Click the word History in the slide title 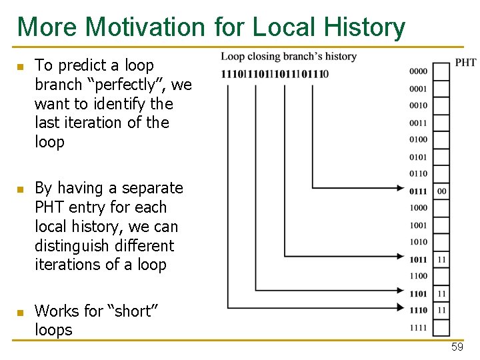(x=364, y=27)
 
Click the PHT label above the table (x=465, y=63)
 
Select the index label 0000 (x=419, y=71)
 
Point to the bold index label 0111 (x=419, y=191)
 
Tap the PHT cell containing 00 (x=442, y=191)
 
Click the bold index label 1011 (x=419, y=259)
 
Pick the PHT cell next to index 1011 (x=442, y=259)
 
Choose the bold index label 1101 (x=419, y=293)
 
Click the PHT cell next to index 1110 (x=442, y=311)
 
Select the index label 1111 (x=419, y=328)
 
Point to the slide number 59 (x=457, y=347)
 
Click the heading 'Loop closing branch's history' (x=289, y=57)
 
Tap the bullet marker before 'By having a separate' (x=20, y=189)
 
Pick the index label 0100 (x=419, y=139)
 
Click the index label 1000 (x=419, y=208)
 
